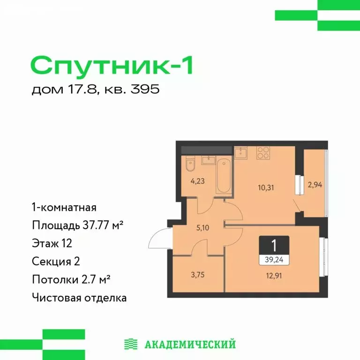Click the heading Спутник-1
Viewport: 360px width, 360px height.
112,66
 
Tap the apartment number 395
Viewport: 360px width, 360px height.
147,90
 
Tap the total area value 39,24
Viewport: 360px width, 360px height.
273,258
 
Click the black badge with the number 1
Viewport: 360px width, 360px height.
273,245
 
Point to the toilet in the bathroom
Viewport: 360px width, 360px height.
189,165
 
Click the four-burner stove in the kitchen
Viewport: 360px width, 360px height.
263,153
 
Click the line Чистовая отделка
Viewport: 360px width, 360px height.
79,297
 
